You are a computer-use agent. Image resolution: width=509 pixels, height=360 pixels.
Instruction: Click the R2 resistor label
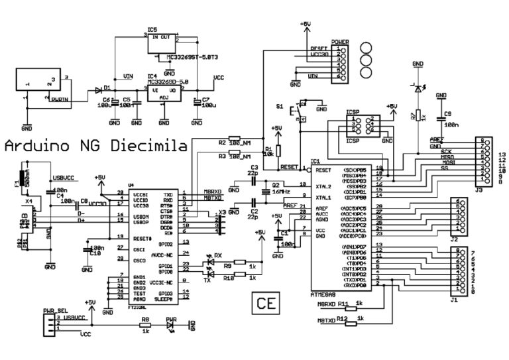coord(223,142)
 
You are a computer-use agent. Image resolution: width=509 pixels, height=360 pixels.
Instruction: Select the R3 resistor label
coord(223,156)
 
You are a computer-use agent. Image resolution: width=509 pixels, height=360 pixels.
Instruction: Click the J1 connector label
coord(454,300)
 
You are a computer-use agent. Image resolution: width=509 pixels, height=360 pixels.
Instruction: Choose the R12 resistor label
coord(343,319)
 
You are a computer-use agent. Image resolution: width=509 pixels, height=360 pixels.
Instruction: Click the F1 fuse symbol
coord(23,178)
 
